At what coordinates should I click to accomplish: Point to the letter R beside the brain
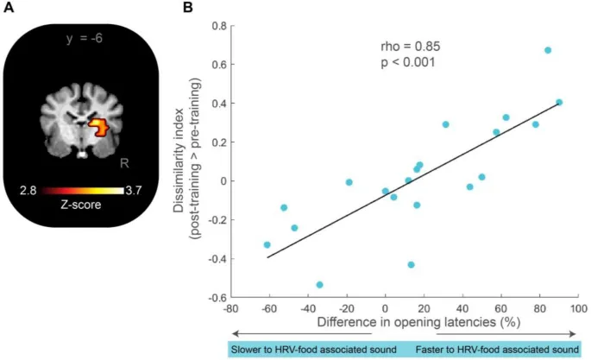[x=125, y=161]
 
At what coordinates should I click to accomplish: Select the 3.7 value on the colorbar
[x=134, y=188]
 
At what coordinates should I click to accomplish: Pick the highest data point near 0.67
[x=548, y=50]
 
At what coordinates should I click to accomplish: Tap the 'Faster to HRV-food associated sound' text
[x=497, y=350]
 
